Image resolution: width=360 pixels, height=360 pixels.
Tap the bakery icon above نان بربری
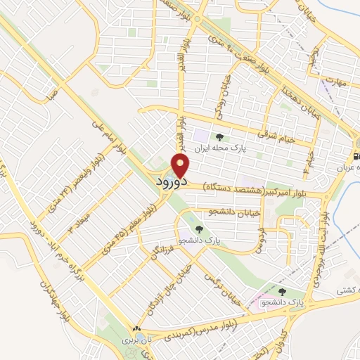pyautogui.click(x=136, y=328)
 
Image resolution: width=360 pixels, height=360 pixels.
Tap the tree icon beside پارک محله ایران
pyautogui.click(x=219, y=139)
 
